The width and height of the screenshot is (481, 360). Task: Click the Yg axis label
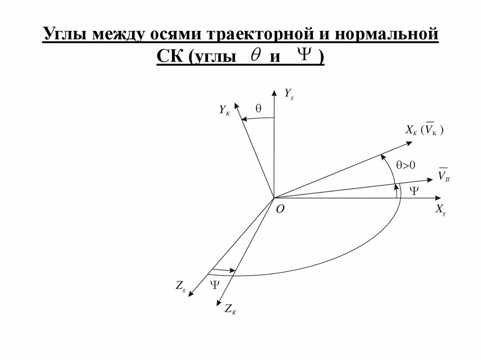point(289,94)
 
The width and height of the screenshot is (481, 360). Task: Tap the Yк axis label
point(225,110)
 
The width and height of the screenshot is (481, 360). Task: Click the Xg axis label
point(440,210)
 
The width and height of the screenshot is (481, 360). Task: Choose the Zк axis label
point(230,309)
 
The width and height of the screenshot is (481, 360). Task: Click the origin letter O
point(279,210)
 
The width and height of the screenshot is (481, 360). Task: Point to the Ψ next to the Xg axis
point(413,191)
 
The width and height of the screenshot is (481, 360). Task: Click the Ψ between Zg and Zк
point(215,283)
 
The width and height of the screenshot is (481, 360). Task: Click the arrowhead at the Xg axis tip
point(439,198)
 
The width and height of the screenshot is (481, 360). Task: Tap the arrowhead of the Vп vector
point(429,179)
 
